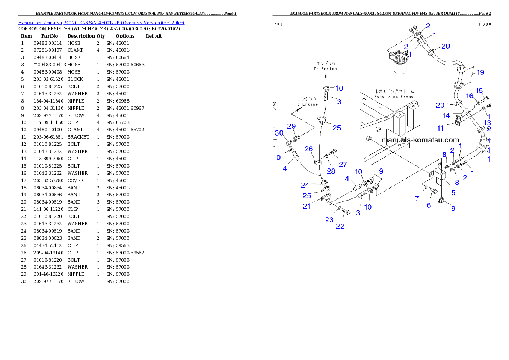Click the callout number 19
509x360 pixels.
click(480, 72)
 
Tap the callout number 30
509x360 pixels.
click(279, 133)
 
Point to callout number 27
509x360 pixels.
click(343, 164)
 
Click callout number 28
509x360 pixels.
click(331, 171)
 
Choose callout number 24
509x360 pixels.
click(305, 186)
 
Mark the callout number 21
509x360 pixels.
click(307, 206)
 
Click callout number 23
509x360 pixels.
click(329, 220)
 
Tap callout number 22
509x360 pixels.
click(340, 226)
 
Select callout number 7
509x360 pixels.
click(417, 199)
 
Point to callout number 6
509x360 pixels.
click(429, 205)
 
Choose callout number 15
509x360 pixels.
click(479, 90)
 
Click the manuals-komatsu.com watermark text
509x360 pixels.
click(420, 140)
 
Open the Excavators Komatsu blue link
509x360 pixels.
click(101, 23)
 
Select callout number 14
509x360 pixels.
click(446, 115)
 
